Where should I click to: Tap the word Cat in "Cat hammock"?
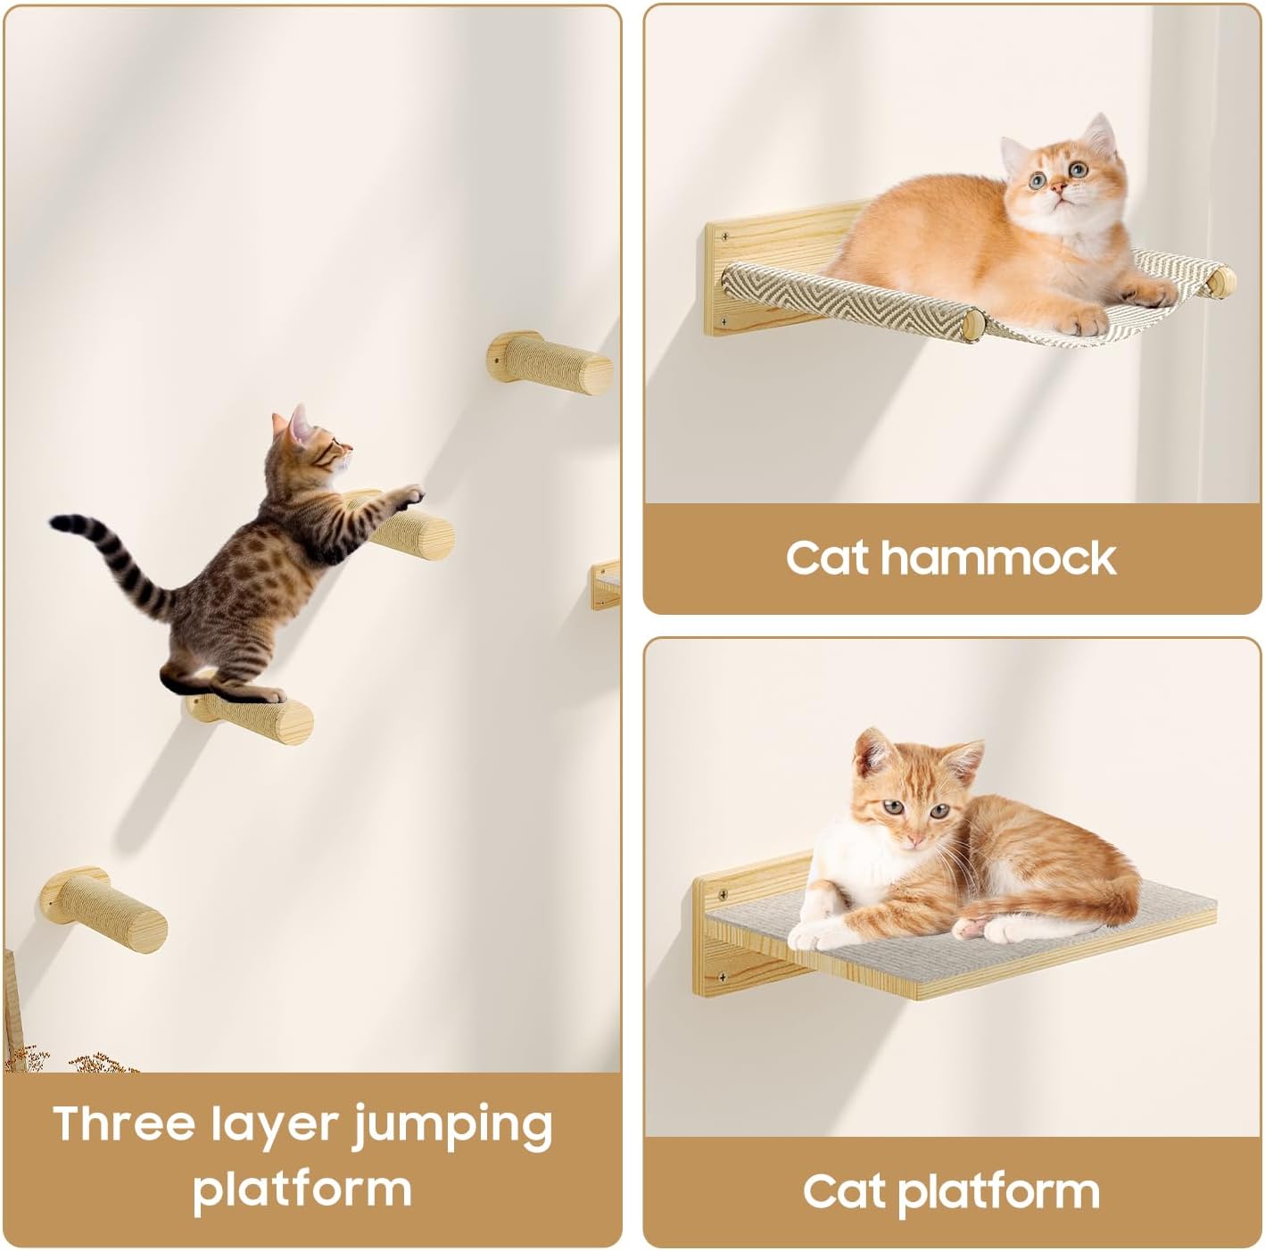click(x=826, y=559)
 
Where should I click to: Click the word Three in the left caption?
click(x=124, y=1123)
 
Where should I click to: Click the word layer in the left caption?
click(x=275, y=1126)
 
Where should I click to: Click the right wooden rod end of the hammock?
click(x=1221, y=281)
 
